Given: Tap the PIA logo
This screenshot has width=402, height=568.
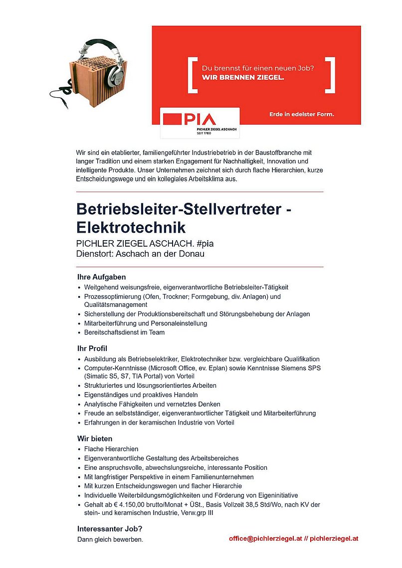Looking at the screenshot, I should pyautogui.click(x=190, y=120).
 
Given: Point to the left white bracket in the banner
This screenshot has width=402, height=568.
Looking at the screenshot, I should pyautogui.click(x=193, y=75).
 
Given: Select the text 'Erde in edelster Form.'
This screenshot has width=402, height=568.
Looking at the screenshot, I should pyautogui.click(x=302, y=115).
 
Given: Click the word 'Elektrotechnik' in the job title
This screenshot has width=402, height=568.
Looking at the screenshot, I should pyautogui.click(x=131, y=228).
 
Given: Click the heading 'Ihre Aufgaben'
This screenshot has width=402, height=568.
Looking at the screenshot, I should pyautogui.click(x=102, y=277).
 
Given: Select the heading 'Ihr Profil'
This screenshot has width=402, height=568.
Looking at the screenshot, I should pyautogui.click(x=92, y=348).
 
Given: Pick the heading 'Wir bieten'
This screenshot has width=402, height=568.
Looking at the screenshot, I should pyautogui.click(x=95, y=438).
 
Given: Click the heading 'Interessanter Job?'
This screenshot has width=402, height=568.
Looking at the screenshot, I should pyautogui.click(x=110, y=529).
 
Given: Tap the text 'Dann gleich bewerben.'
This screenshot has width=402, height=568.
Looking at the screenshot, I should pyautogui.click(x=110, y=540).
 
